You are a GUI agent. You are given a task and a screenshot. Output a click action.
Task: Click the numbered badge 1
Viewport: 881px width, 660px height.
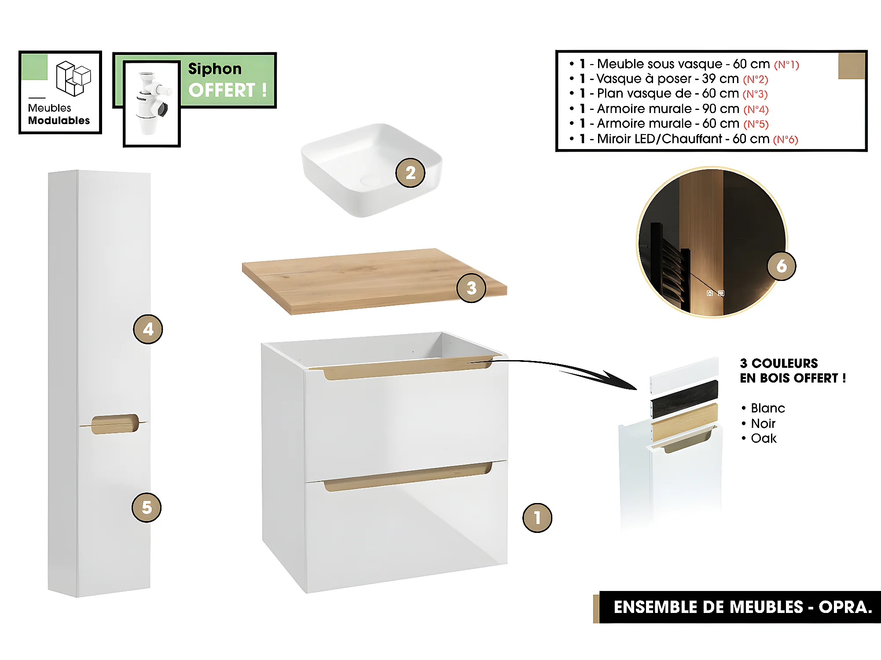click(x=537, y=518)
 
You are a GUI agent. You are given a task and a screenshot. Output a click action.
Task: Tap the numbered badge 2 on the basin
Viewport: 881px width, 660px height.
click(x=410, y=173)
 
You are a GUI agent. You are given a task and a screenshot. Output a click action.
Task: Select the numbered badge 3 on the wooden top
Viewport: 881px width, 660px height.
click(x=471, y=288)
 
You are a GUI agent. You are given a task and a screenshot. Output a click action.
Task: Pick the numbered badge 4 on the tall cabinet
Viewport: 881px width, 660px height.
click(x=148, y=329)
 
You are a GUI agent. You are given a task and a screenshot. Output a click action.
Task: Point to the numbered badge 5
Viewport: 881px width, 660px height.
click(x=147, y=507)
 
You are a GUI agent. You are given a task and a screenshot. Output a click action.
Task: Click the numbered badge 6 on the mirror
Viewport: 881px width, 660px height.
click(x=781, y=266)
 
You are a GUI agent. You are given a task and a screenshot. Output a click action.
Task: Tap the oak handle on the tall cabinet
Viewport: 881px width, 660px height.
click(x=115, y=424)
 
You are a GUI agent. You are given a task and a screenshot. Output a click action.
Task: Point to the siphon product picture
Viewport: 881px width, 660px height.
click(x=151, y=103)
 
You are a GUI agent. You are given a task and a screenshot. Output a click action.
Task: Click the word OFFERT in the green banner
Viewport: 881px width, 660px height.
click(x=222, y=90)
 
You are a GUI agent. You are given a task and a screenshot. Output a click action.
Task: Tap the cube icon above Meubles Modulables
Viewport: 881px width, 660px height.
click(x=73, y=78)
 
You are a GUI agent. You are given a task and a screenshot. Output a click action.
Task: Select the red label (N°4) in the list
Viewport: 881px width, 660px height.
click(x=756, y=109)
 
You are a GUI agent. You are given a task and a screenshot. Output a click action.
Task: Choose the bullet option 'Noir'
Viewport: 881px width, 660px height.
click(x=763, y=423)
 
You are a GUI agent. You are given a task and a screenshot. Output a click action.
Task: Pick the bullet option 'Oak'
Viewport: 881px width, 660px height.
click(x=764, y=438)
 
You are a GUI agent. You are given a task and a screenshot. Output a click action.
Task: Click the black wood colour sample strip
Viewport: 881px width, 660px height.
click(x=684, y=399)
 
